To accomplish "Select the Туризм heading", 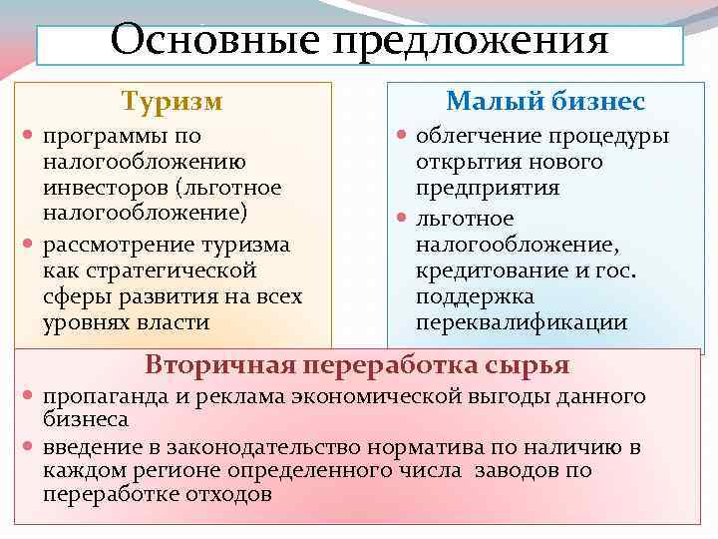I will (x=172, y=101).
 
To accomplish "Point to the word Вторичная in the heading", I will (x=220, y=363).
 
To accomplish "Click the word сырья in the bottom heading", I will (x=531, y=363).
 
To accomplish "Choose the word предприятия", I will (x=488, y=188).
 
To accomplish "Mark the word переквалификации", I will (x=522, y=322).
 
